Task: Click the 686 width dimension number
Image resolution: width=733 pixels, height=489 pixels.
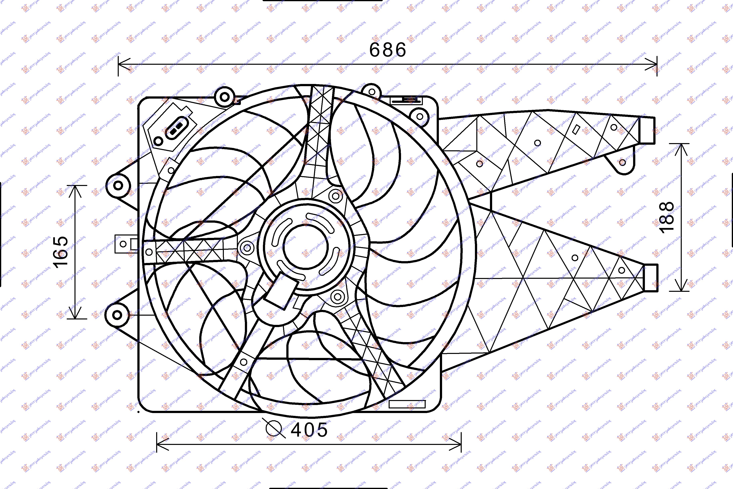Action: (x=388, y=50)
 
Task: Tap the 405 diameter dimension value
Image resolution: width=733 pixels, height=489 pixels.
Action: (x=309, y=430)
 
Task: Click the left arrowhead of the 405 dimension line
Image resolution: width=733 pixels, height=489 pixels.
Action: (x=160, y=444)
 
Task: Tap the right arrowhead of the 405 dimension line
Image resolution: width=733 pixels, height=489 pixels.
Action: (x=457, y=444)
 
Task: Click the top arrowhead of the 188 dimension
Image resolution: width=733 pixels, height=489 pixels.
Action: (x=681, y=148)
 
